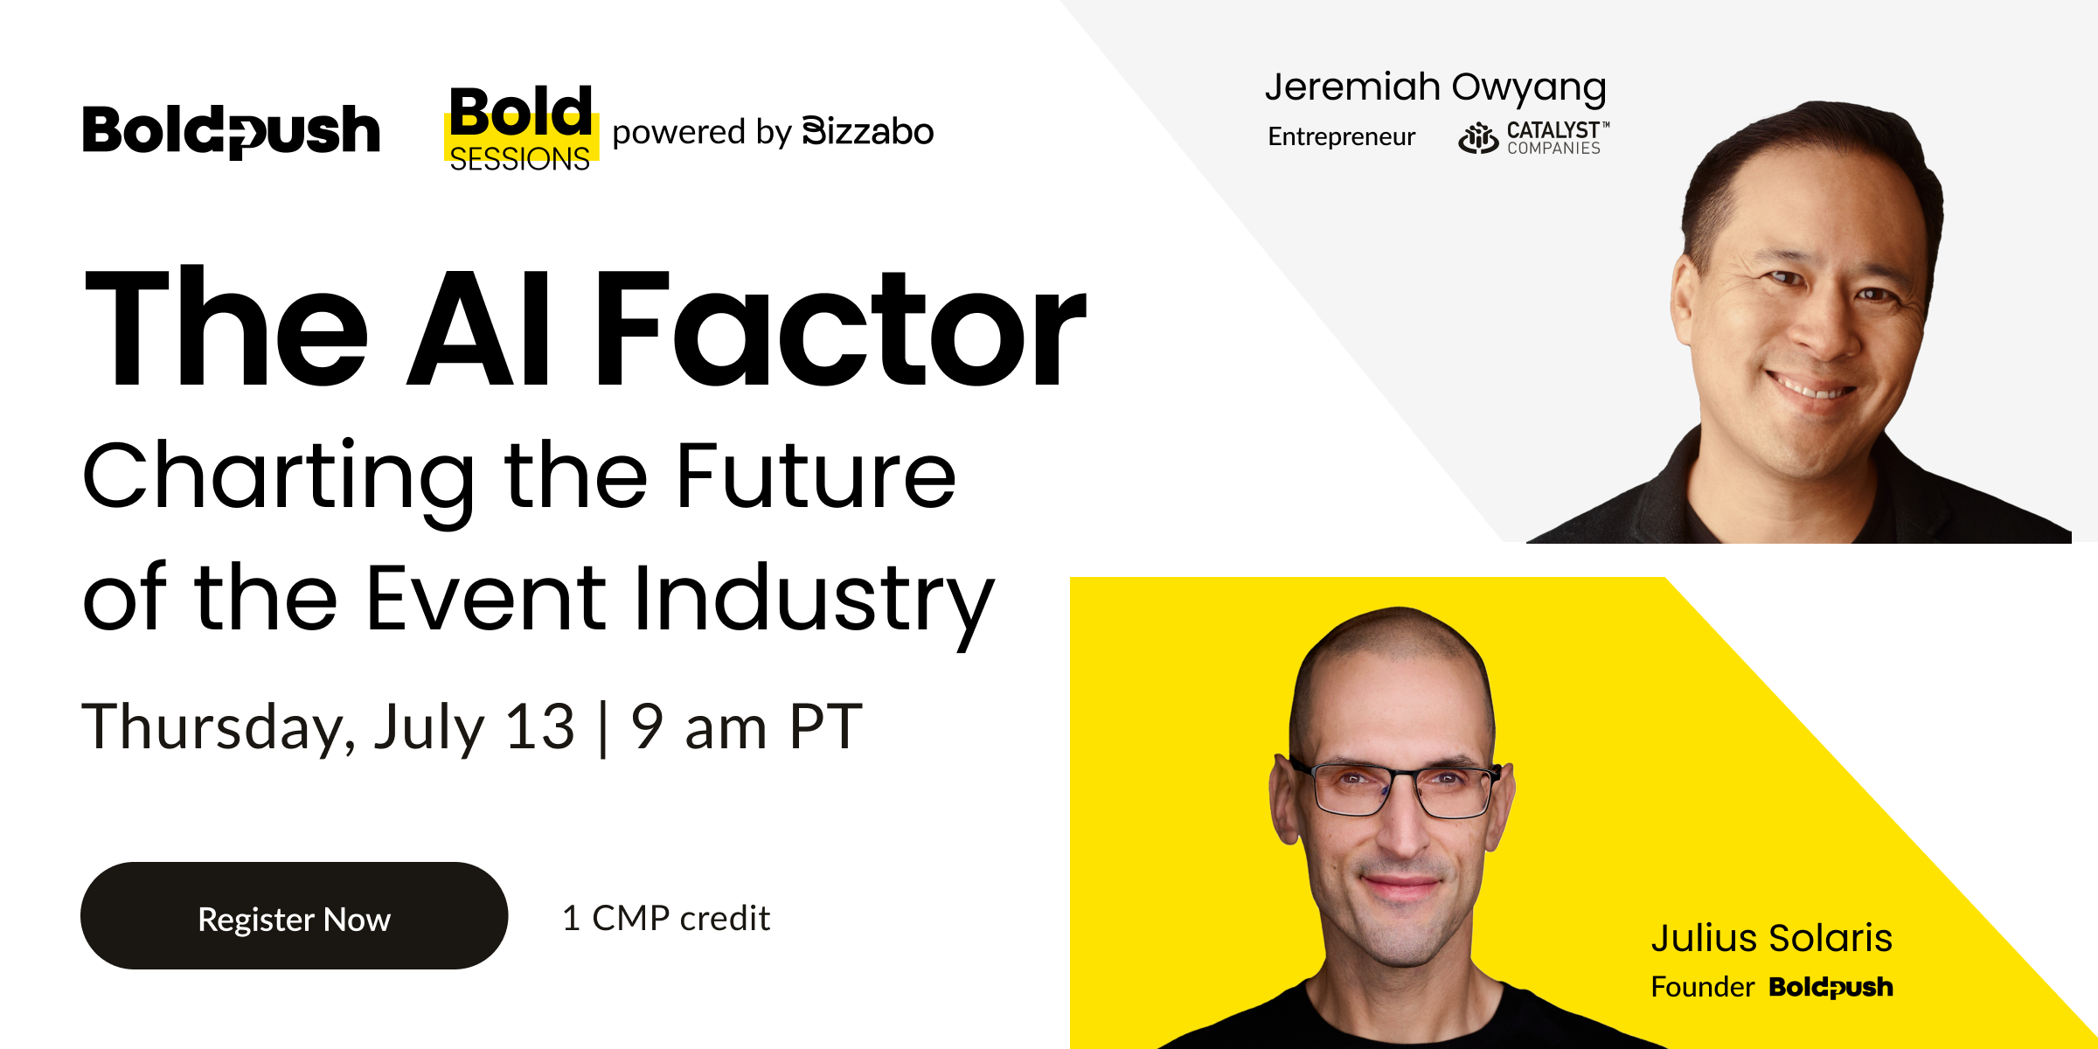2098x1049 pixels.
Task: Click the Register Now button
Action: [x=294, y=915]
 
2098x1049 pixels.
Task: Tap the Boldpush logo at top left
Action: [x=232, y=131]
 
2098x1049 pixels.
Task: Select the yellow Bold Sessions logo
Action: [x=521, y=128]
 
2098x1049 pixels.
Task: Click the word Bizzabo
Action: [x=867, y=132]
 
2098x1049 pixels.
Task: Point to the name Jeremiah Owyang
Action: [x=1435, y=88]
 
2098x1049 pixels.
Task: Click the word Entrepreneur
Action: [x=1341, y=136]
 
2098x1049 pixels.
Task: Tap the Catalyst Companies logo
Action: [x=1533, y=138]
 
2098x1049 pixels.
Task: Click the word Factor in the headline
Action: [x=840, y=329]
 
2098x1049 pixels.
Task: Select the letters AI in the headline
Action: [x=480, y=329]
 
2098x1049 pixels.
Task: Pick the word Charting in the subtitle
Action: [x=279, y=480]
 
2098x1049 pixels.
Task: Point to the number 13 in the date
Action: [x=540, y=726]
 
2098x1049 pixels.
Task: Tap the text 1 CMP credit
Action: [x=666, y=918]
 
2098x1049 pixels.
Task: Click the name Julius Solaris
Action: [x=1772, y=938]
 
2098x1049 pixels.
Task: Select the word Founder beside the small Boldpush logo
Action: [x=1702, y=987]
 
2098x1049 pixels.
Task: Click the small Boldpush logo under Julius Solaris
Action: [x=1831, y=987]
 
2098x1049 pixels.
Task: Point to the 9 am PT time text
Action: [x=747, y=726]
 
